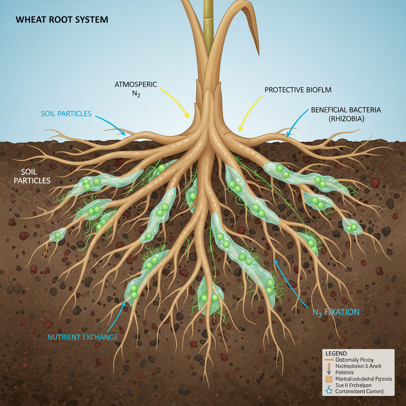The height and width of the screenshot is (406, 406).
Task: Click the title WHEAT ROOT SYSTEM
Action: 61,19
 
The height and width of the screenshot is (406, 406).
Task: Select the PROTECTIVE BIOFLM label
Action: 298,90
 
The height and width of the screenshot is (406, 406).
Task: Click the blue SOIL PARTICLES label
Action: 66,114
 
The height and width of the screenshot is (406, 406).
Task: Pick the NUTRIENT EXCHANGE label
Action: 83,337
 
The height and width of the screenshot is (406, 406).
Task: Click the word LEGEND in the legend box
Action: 336,353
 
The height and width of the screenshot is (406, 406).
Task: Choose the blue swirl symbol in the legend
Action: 329,390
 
